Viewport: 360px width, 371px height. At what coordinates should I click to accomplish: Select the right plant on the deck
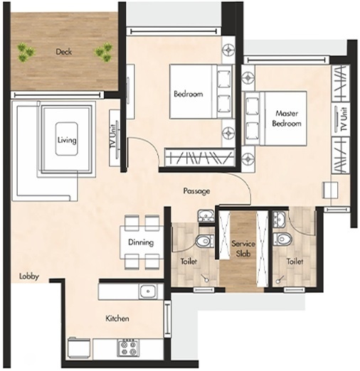click(x=104, y=50)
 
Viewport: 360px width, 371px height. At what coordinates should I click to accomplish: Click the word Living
click(x=67, y=140)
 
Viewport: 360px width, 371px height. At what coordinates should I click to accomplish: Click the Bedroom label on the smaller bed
click(x=188, y=94)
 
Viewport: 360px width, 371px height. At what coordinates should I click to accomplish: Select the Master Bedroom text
click(x=287, y=118)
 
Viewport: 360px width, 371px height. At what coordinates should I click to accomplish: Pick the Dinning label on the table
click(x=141, y=242)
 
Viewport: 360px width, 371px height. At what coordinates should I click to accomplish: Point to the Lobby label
click(x=29, y=276)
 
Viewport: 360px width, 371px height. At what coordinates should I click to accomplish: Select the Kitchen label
click(x=117, y=318)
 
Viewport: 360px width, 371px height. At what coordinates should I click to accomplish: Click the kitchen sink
click(x=148, y=291)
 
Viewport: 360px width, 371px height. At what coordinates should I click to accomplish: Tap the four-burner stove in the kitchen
click(x=128, y=348)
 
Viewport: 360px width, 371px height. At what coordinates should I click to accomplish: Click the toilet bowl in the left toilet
click(x=203, y=242)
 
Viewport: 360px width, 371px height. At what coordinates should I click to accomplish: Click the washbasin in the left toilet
click(x=204, y=216)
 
